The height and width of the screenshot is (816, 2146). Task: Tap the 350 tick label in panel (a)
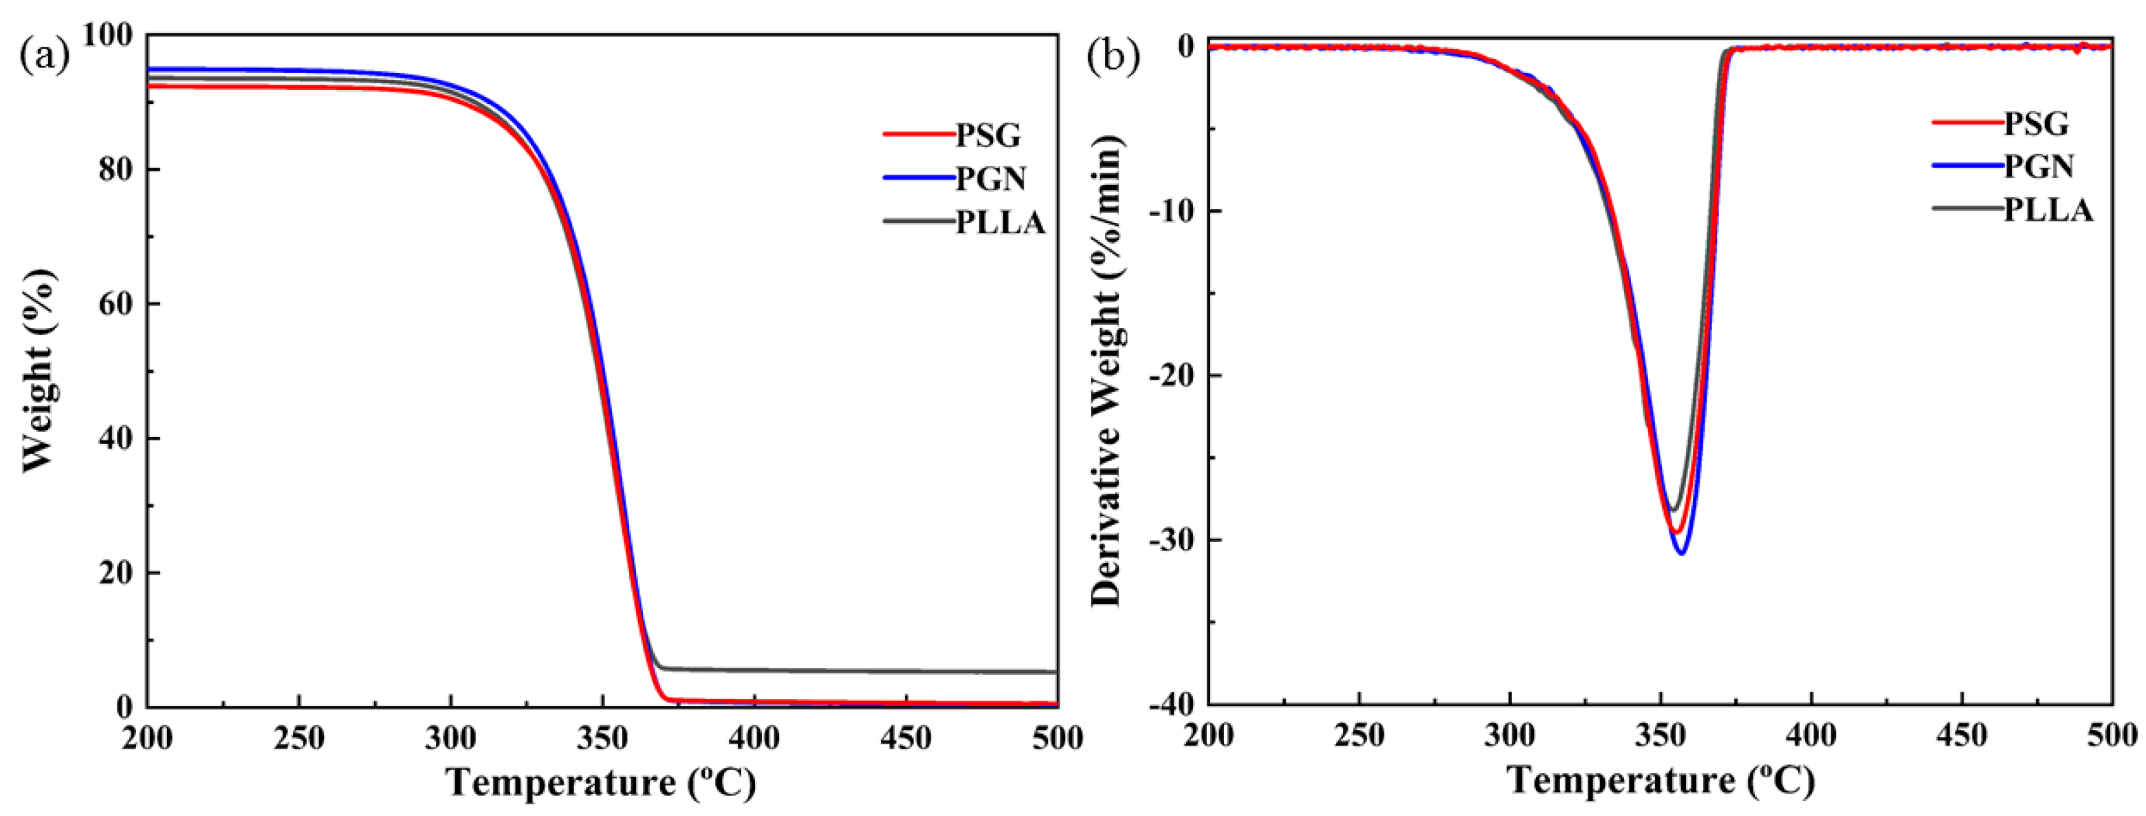pyautogui.click(x=602, y=738)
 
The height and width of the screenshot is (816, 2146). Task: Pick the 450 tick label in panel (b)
pyautogui.click(x=1962, y=735)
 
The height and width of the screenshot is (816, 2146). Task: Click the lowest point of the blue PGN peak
pyautogui.click(x=1681, y=553)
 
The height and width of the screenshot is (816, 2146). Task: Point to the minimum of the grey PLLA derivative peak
pyautogui.click(x=1672, y=510)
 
